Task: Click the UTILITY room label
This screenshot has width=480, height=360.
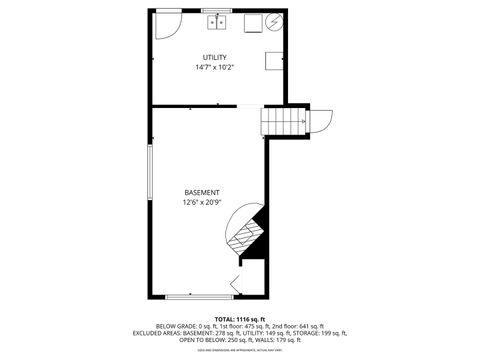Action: [214, 57]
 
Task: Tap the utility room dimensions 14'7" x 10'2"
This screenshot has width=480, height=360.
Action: [214, 68]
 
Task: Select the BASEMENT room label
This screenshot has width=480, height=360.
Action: [202, 192]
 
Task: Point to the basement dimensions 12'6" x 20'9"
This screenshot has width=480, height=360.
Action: [202, 203]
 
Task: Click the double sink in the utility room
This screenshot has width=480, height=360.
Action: [218, 22]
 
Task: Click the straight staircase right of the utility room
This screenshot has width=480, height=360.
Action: [280, 120]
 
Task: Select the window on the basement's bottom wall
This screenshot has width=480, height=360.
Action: [194, 296]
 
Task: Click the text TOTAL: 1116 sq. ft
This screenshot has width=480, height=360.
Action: [240, 317]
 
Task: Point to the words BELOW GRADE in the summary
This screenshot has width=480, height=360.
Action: [175, 325]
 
